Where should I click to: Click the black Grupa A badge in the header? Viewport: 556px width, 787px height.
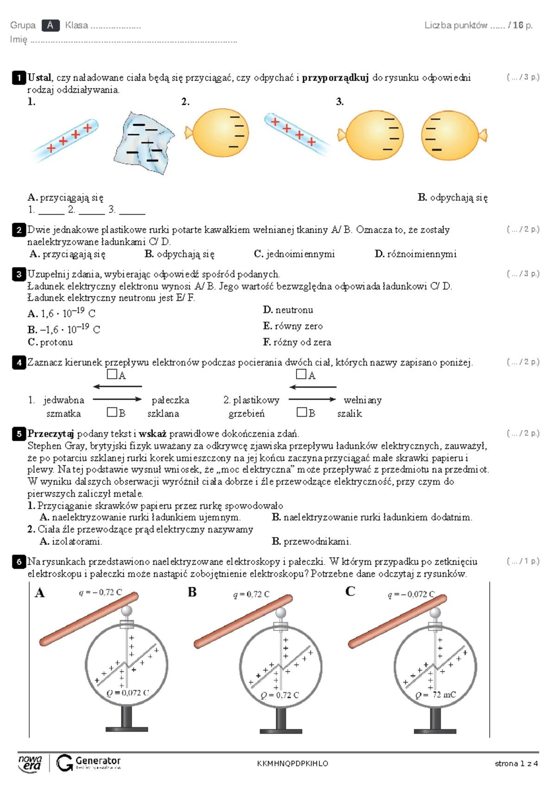pos(50,25)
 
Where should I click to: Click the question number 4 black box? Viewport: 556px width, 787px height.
pos(19,362)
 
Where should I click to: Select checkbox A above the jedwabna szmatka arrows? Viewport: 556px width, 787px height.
pos(112,374)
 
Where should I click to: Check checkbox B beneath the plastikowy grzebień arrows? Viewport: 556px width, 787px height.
pos(302,412)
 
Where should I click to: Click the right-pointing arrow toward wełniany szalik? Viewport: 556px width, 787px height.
pos(312,399)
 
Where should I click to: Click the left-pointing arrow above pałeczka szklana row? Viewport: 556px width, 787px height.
pos(117,386)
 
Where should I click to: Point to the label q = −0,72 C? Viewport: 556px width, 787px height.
pos(100,592)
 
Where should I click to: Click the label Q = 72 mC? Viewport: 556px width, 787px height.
pos(436,695)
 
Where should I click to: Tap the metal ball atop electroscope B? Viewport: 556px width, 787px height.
pos(281,613)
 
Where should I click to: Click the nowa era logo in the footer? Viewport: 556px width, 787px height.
pos(30,763)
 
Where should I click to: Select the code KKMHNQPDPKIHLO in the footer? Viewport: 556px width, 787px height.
pos(292,763)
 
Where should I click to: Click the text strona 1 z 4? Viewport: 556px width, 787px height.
pos(516,763)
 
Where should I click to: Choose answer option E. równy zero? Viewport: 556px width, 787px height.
pos(293,326)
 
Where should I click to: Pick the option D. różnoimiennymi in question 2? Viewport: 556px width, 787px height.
pos(415,254)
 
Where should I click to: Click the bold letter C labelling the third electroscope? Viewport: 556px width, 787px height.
pos(350,591)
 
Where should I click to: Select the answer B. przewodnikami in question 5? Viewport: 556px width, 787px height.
pos(311,541)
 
